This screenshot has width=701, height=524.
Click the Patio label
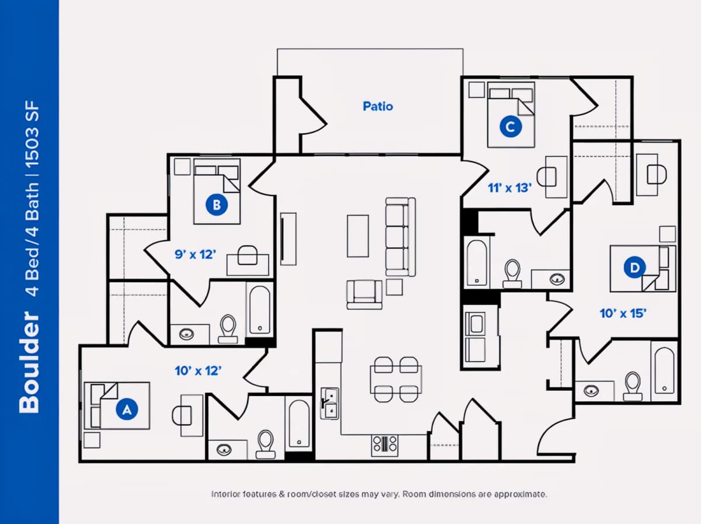point(378,106)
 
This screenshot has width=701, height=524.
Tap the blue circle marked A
point(127,409)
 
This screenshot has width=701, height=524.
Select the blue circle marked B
point(217,204)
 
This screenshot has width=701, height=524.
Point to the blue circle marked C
point(511,127)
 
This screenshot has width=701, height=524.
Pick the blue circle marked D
point(634,268)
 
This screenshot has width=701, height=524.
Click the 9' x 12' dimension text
point(195,255)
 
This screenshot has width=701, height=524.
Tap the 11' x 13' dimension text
point(510,188)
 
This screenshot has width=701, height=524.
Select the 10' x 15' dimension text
point(623,314)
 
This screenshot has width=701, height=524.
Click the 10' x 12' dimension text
point(198,371)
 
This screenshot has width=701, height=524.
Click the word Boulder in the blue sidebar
point(29,362)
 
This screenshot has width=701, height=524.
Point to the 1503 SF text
point(32,134)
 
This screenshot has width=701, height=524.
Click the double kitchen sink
point(329,403)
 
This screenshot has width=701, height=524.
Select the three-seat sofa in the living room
point(401,237)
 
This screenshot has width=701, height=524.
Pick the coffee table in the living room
point(358,236)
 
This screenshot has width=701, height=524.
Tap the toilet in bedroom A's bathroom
point(265,444)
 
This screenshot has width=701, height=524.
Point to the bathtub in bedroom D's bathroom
point(664,370)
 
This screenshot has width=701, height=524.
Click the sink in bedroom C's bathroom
point(557,279)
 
